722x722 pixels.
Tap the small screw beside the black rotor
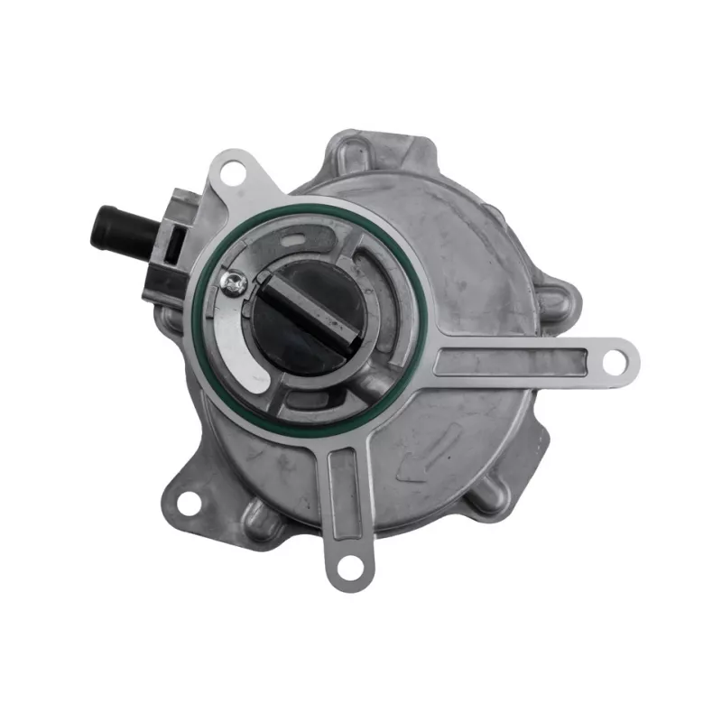(x=236, y=284)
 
